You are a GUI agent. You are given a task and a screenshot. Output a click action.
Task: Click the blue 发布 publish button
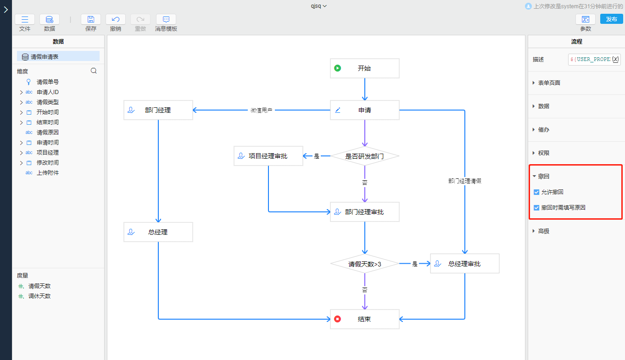pyautogui.click(x=611, y=19)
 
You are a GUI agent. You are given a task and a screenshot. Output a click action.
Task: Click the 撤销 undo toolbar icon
pyautogui.click(x=116, y=19)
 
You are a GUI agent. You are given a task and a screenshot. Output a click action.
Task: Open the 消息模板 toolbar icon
pyautogui.click(x=166, y=19)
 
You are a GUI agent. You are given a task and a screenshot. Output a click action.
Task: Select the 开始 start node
pyautogui.click(x=364, y=68)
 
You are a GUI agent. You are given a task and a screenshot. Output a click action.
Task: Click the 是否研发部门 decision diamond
pyautogui.click(x=364, y=156)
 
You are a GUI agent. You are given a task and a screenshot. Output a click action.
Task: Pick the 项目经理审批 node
pyautogui.click(x=268, y=156)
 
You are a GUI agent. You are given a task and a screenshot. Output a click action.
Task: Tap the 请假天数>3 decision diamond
pyautogui.click(x=364, y=264)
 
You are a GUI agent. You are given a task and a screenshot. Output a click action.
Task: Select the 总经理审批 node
pyautogui.click(x=464, y=264)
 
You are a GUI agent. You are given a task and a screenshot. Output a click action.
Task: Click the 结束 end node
pyautogui.click(x=364, y=319)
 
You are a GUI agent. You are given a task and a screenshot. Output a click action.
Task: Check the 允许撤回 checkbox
pyautogui.click(x=536, y=192)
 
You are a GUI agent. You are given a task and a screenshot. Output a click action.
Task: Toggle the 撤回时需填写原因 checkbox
pyautogui.click(x=536, y=208)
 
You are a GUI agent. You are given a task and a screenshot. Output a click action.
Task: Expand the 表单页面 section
pyautogui.click(x=549, y=83)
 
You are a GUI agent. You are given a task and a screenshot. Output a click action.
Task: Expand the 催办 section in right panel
pyautogui.click(x=543, y=130)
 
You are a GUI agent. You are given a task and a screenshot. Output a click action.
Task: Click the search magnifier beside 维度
pyautogui.click(x=94, y=71)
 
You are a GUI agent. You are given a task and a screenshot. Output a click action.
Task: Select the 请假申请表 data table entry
pyautogui.click(x=45, y=57)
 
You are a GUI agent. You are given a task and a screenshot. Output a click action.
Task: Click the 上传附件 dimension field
pyautogui.click(x=48, y=173)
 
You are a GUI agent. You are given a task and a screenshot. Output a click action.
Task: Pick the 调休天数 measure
pyautogui.click(x=39, y=296)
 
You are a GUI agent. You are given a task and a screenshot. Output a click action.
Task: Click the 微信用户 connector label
pyautogui.click(x=262, y=111)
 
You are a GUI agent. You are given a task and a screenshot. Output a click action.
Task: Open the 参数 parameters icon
pyautogui.click(x=586, y=19)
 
